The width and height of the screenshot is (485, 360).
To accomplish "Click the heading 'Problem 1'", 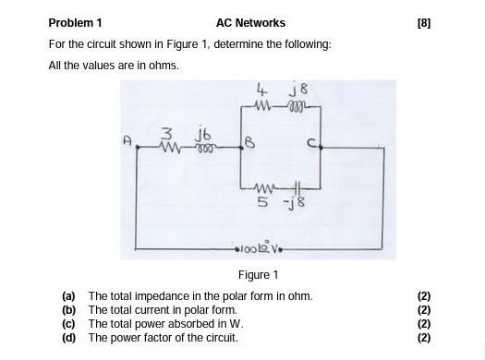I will (x=75, y=23).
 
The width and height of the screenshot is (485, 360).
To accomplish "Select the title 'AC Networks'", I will (x=250, y=23).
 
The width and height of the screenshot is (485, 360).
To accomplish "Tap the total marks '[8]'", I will (x=423, y=23).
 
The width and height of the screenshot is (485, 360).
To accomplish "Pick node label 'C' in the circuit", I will (x=312, y=143).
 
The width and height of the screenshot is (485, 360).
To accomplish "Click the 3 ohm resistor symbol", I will (x=170, y=147).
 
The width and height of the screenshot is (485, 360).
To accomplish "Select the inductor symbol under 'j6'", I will (x=203, y=147).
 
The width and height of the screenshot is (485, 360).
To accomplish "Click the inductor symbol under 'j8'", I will (x=297, y=104).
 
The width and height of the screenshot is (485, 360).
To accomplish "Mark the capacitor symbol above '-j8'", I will (x=297, y=186).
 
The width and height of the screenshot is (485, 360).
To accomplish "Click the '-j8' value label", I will (x=297, y=200).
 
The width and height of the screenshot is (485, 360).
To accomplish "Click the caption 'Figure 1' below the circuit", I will (x=258, y=275).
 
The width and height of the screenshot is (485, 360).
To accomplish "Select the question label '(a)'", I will (x=68, y=296).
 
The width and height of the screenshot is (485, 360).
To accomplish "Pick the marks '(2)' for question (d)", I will (x=424, y=338).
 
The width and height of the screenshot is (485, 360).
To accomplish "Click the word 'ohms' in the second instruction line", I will (x=164, y=66).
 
